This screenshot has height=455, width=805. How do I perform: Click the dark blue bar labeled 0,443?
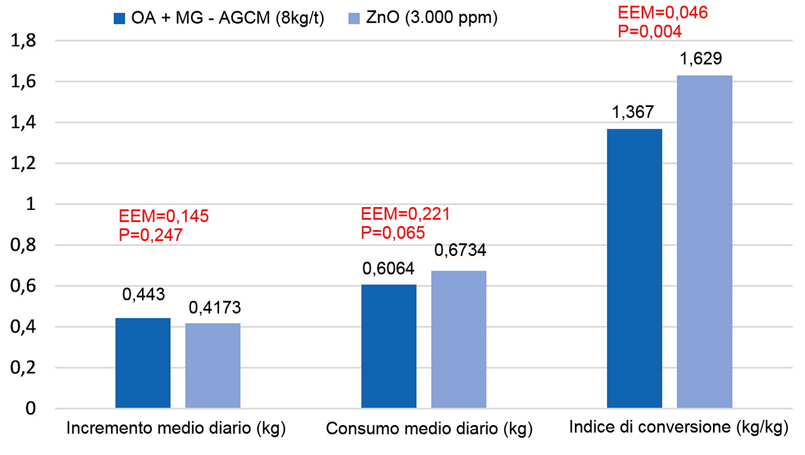[x=143, y=363]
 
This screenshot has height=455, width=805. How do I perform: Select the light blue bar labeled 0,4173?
[x=213, y=366]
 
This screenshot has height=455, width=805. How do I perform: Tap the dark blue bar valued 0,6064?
[x=389, y=346]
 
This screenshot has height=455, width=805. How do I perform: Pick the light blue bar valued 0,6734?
[x=459, y=339]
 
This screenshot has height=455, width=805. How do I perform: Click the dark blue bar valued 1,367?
[x=634, y=269]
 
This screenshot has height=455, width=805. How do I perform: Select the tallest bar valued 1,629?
[x=704, y=242]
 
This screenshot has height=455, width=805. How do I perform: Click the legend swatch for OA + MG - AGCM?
[x=119, y=18]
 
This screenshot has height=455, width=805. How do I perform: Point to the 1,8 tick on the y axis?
[x=21, y=41]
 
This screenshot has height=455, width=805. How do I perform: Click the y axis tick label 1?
[x=30, y=205]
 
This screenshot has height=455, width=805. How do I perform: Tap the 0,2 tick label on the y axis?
[x=21, y=368]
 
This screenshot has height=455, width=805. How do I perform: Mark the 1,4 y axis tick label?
[x=21, y=123]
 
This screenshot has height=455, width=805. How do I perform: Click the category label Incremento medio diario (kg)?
[x=177, y=429]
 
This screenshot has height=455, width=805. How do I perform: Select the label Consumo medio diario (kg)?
[x=429, y=429]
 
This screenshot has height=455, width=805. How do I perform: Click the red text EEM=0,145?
[x=164, y=216]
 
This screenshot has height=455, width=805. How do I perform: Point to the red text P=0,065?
[x=393, y=232]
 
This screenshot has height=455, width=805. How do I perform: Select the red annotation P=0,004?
[x=650, y=30]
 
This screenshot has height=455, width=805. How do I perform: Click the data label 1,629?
[x=704, y=59]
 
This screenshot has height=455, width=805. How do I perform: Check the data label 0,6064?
[x=388, y=268]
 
